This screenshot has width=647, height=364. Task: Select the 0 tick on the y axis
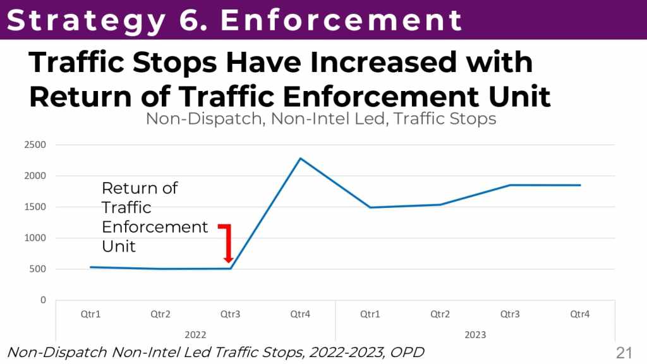point(43,300)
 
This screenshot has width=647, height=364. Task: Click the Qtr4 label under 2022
point(300,314)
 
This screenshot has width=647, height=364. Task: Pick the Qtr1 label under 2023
point(370,314)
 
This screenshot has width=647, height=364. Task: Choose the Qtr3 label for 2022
point(230,314)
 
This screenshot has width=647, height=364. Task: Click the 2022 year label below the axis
point(195,334)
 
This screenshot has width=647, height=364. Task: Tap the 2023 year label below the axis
point(475,334)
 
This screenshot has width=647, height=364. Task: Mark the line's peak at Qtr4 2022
point(300,158)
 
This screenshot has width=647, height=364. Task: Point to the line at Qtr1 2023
point(370,207)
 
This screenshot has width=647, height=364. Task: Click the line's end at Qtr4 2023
point(579,185)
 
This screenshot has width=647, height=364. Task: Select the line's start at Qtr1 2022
point(91,267)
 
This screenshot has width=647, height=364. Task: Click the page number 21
point(624,352)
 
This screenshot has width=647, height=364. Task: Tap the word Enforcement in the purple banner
point(342,20)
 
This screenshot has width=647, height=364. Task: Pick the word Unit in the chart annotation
point(119,246)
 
